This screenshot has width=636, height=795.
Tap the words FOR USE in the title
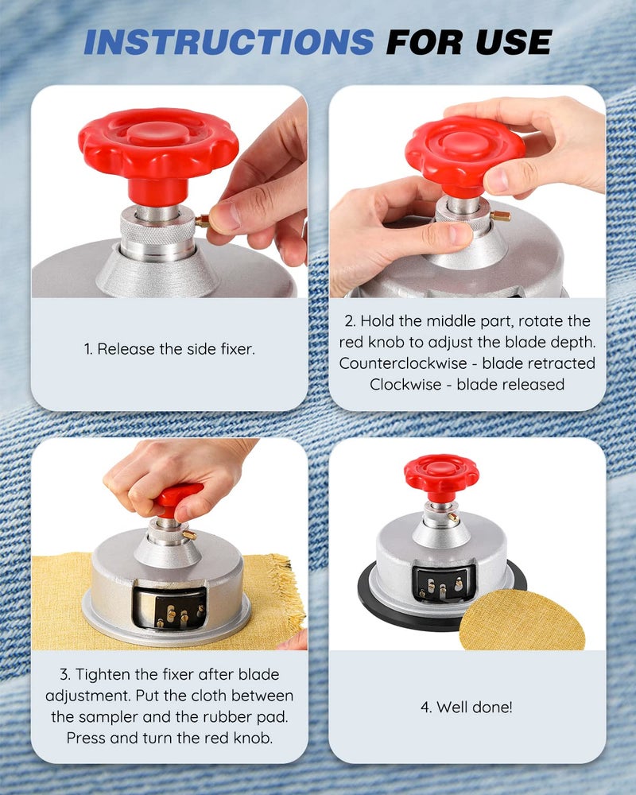pyautogui.click(x=468, y=41)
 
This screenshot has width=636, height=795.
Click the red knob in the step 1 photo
pyautogui.click(x=158, y=147)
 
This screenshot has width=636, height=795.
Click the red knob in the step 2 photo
pyautogui.click(x=464, y=151)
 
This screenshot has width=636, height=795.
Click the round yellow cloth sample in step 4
pyautogui.click(x=522, y=621)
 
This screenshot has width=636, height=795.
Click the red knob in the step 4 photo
pyautogui.click(x=441, y=475)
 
